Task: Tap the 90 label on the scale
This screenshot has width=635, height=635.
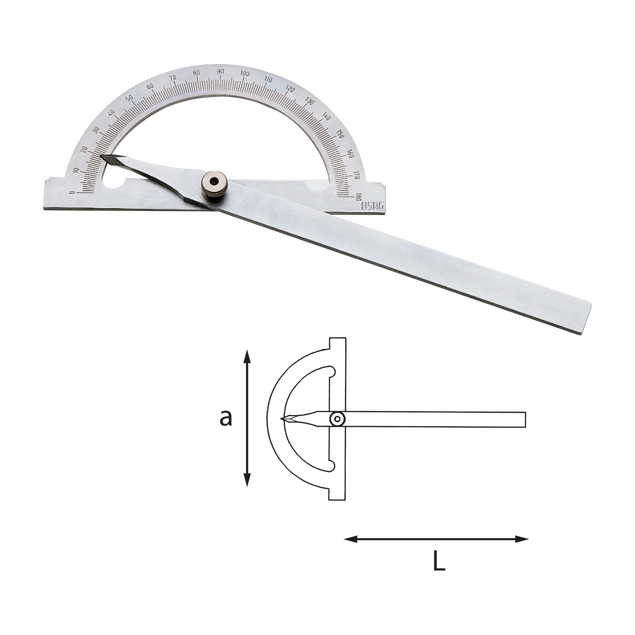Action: pyautogui.click(x=221, y=72)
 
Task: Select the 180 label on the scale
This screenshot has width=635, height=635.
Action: pyautogui.click(x=357, y=198)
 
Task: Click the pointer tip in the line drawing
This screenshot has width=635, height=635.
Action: pyautogui.click(x=282, y=419)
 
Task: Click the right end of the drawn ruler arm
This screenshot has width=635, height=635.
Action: pyautogui.click(x=525, y=419)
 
